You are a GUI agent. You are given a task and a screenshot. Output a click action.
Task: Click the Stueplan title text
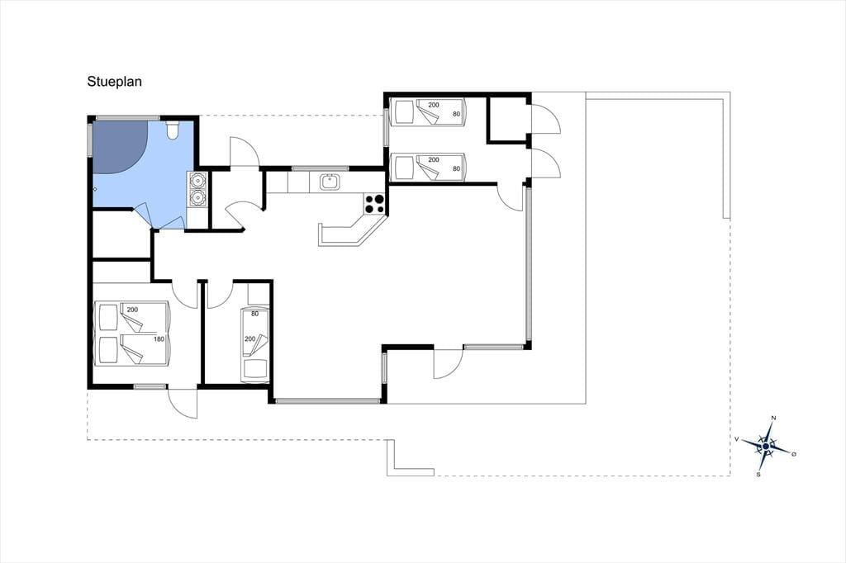tap(114, 82)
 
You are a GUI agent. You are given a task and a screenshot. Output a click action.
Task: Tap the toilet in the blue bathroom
tap(173, 130)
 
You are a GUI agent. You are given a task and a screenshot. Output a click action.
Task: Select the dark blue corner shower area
tap(119, 146)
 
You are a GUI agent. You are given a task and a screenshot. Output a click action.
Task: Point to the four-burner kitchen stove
tap(375, 204)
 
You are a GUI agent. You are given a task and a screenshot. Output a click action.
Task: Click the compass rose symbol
tap(765, 446)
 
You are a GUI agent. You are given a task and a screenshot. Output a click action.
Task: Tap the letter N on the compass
tap(773, 418)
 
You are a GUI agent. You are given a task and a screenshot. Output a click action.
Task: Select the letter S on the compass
tap(758, 475)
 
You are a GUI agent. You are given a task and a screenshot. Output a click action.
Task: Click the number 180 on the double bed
tap(159, 339)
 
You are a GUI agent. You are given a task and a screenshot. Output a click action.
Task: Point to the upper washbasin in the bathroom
tap(197, 181)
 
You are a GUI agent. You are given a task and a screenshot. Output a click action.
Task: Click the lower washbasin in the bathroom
tap(197, 198)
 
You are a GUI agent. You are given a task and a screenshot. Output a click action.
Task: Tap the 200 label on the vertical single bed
tap(250, 339)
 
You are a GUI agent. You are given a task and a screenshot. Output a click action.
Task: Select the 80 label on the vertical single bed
tap(254, 314)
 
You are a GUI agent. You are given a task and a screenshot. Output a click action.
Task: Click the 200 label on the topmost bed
tap(434, 105)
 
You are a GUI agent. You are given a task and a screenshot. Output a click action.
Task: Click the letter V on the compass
tap(736, 439)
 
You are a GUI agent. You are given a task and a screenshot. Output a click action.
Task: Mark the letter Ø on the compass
tap(794, 454)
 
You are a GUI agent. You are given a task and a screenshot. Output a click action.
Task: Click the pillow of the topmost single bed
tap(404, 113)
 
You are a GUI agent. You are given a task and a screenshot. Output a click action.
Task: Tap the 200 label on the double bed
tap(132, 310)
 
